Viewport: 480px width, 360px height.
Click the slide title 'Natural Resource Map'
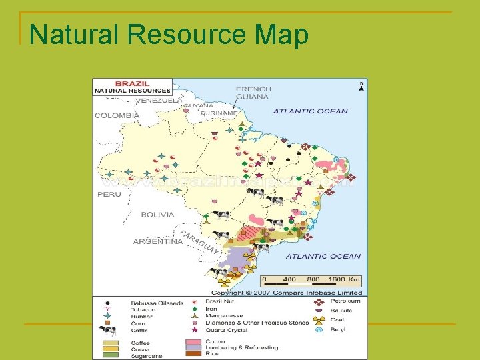tap(169, 35)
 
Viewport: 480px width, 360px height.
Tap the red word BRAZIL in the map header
tap(131, 84)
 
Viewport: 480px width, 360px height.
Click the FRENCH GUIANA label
tap(253, 93)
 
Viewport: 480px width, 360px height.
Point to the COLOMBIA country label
tap(117, 115)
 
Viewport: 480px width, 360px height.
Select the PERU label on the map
tap(109, 194)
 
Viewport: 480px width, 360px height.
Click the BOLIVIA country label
tap(157, 215)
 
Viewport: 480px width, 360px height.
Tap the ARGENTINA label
tap(157, 241)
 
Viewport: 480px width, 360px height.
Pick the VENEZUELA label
tap(158, 101)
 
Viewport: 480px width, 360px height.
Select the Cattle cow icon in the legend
tap(107, 330)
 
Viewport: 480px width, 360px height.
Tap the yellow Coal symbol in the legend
tap(319, 320)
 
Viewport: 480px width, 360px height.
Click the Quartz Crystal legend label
tap(227, 329)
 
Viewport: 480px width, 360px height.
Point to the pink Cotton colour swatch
tap(195, 342)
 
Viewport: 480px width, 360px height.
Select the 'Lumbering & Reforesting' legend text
tap(242, 348)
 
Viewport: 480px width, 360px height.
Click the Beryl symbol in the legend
tap(319, 329)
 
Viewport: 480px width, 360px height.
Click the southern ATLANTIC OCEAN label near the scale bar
tap(323, 256)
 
